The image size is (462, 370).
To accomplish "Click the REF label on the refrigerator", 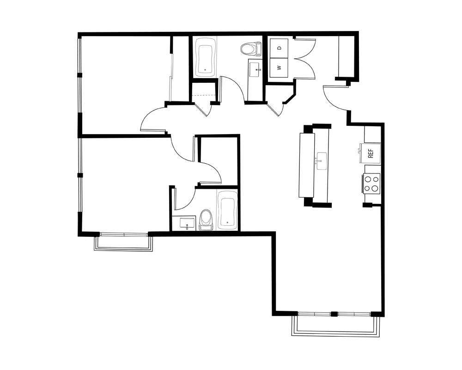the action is (371, 153).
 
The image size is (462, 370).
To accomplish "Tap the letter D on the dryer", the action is (280, 48).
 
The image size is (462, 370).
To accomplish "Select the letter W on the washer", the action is (280, 68).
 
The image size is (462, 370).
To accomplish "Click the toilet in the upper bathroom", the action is (251, 49).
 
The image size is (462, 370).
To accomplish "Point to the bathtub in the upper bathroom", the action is (206, 57).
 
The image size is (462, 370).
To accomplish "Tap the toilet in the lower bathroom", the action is (206, 220).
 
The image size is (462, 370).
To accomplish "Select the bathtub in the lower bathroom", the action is (227, 210).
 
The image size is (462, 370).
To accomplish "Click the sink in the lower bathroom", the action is (187, 223).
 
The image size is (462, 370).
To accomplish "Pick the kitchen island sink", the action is (322, 161).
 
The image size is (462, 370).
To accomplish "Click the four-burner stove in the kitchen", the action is (371, 183).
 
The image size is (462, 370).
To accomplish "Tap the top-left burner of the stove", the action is (367, 179).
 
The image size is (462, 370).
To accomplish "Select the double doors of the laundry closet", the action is (304, 58).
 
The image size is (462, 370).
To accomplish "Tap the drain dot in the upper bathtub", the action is (205, 70).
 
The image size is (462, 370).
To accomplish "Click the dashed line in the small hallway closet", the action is (204, 95).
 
